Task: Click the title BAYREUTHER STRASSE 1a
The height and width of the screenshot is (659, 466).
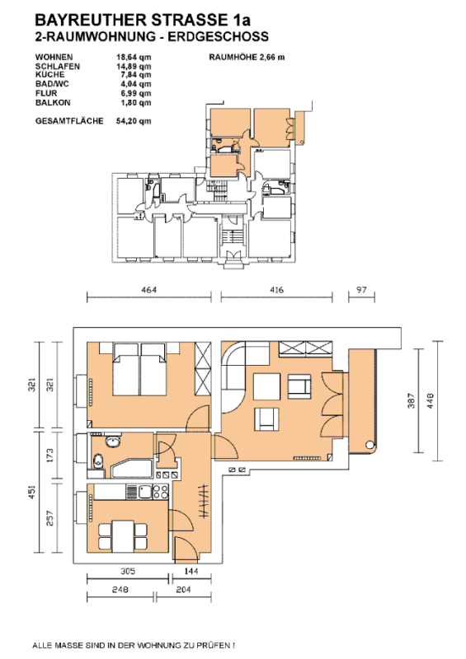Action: (143, 20)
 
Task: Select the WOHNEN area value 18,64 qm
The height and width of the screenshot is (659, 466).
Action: (134, 57)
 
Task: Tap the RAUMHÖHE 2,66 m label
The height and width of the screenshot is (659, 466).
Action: (247, 57)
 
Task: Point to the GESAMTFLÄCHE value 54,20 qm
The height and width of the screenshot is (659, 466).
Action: (134, 121)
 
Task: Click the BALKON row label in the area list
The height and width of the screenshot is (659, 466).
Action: (53, 102)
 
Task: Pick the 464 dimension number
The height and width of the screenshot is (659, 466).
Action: (149, 290)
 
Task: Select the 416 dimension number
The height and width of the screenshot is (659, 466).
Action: (276, 290)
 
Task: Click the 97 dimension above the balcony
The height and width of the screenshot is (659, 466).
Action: (361, 290)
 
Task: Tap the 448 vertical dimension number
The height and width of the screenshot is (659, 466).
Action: (430, 400)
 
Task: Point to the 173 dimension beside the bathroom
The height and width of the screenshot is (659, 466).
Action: (49, 456)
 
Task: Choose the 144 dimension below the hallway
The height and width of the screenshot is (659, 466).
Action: (191, 571)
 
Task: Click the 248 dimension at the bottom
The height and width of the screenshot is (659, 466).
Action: (120, 590)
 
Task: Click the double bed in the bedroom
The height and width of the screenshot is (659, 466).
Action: (140, 369)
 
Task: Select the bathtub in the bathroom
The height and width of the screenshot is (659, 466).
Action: (132, 469)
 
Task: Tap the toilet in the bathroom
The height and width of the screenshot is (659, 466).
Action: (97, 460)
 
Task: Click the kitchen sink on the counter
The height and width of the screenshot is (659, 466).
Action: (146, 491)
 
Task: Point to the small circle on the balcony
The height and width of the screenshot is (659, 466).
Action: (370, 445)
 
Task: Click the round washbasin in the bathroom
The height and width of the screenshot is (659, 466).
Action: (112, 442)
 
